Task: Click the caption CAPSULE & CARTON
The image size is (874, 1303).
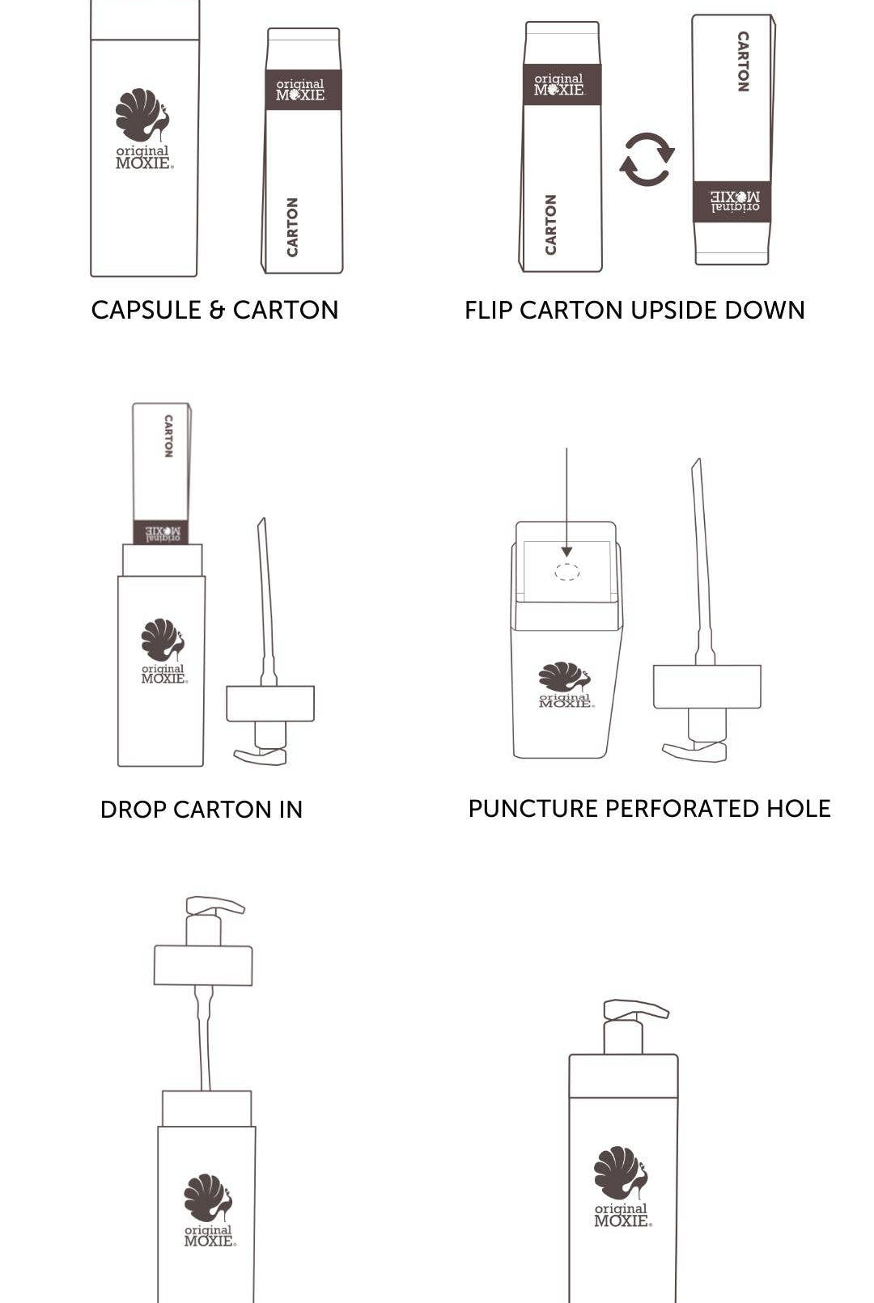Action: [214, 310]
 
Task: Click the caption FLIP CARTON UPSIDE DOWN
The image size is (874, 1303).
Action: [634, 310]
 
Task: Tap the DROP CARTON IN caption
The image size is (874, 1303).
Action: [202, 810]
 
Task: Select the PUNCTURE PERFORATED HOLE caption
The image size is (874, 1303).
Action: [649, 809]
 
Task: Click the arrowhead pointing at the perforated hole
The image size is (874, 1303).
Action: [566, 552]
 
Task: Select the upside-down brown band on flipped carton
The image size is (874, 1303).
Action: [732, 202]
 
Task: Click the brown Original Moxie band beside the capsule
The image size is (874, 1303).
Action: [303, 90]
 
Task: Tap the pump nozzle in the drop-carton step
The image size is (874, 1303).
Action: [261, 755]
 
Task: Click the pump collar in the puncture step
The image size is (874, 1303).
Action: [707, 687]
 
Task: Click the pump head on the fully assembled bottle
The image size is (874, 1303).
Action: [636, 1009]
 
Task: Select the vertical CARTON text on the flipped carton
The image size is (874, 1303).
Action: [743, 61]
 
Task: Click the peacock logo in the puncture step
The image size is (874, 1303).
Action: [565, 676]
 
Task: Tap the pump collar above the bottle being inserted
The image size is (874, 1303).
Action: [203, 965]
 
